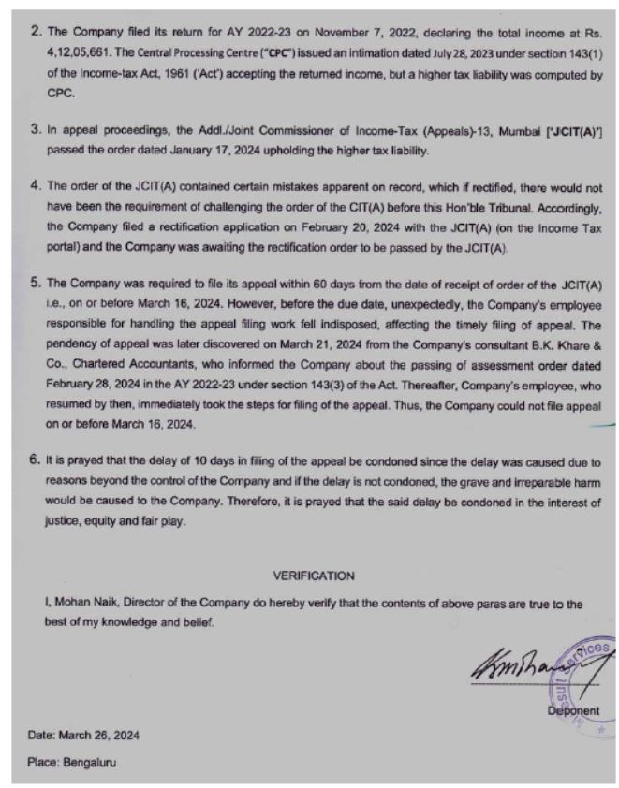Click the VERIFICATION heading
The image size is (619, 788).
point(314,575)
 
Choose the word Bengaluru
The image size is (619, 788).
point(92,762)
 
